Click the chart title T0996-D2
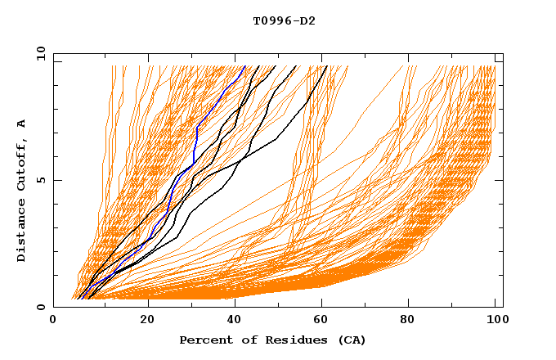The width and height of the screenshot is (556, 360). tap(284, 20)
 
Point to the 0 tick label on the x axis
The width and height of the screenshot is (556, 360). tap(54, 321)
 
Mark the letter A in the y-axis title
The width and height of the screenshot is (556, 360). tap(21, 124)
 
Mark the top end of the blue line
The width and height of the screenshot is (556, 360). tap(244, 66)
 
